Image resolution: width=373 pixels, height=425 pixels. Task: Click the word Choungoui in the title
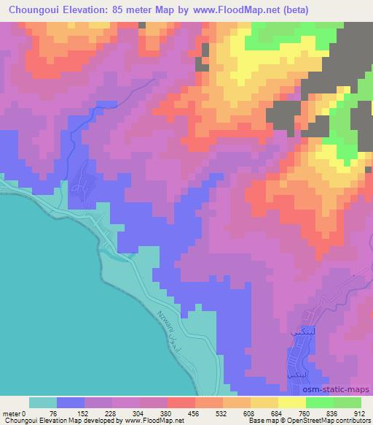pyautogui.click(x=34, y=10)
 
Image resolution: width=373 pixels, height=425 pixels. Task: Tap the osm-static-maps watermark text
pyautogui.click(x=340, y=389)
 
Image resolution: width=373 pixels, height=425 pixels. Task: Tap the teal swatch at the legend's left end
pyautogui.click(x=43, y=402)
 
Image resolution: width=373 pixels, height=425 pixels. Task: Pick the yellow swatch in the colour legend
pyautogui.click(x=292, y=402)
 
